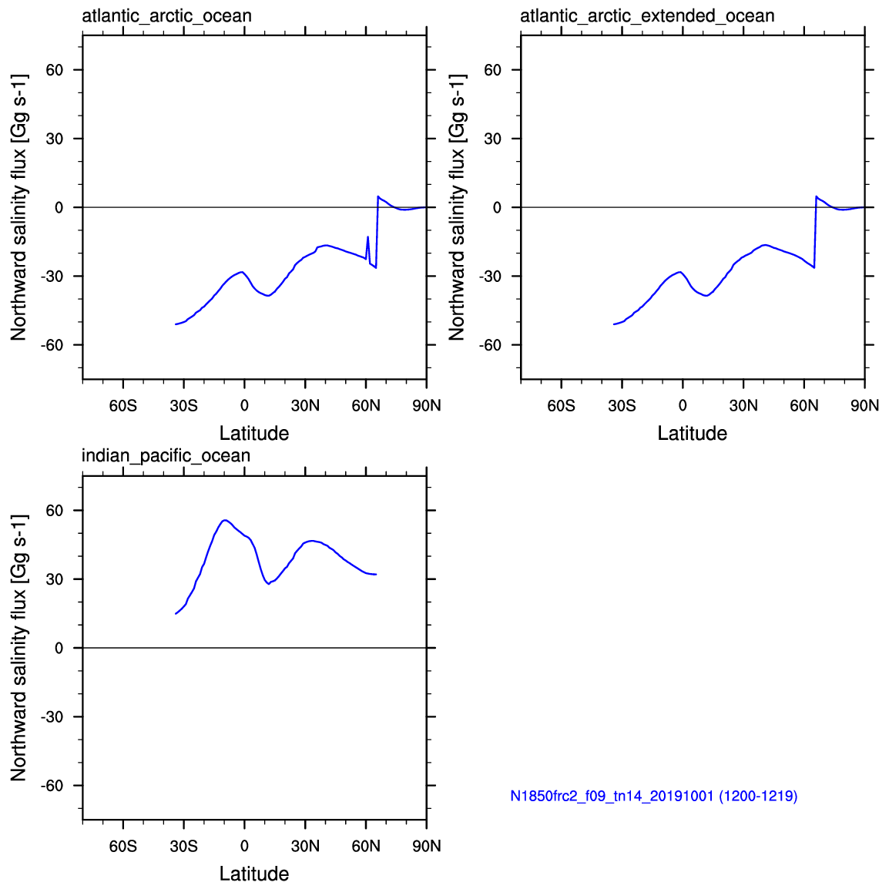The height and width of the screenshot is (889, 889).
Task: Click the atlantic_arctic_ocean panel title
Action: click(x=166, y=15)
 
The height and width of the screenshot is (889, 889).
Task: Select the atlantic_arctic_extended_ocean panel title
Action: click(x=647, y=15)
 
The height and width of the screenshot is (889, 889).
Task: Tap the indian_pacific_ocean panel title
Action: click(x=166, y=455)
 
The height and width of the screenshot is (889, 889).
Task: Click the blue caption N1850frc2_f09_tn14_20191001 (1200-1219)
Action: click(x=653, y=796)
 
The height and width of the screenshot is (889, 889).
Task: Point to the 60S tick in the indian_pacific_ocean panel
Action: click(x=123, y=846)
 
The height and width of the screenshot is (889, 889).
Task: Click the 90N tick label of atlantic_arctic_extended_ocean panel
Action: click(x=864, y=405)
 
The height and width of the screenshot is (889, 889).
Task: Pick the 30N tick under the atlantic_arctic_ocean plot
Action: click(x=305, y=405)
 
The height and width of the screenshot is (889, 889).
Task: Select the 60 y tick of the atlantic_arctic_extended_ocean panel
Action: click(x=492, y=70)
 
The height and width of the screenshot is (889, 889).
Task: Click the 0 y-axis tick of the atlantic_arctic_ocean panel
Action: click(x=59, y=208)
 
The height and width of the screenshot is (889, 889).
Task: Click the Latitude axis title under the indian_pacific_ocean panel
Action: click(x=254, y=874)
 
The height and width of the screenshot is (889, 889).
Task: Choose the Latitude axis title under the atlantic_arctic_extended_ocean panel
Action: click(x=692, y=433)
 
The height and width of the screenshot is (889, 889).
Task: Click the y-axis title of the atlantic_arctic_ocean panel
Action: click(x=18, y=207)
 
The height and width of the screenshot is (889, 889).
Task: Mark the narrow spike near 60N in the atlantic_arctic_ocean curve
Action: click(x=367, y=237)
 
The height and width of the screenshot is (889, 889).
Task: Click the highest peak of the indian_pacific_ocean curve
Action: click(x=224, y=520)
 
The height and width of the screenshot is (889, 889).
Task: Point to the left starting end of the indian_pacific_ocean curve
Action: click(x=176, y=614)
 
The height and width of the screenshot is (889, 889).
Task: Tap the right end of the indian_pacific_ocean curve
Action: click(x=376, y=574)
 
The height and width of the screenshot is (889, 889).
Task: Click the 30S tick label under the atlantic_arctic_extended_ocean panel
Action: click(x=622, y=405)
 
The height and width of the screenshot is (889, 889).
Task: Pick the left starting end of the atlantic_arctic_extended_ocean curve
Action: click(x=614, y=324)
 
